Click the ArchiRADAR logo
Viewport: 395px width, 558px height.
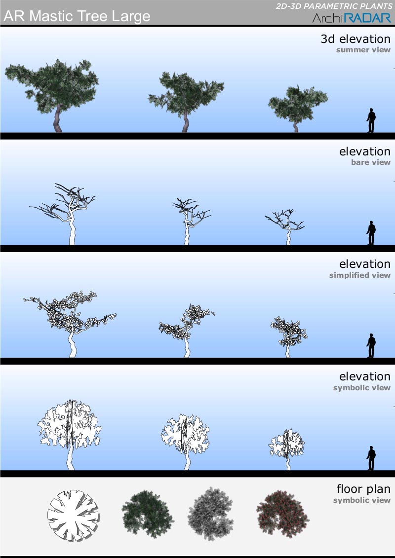click(x=352, y=18)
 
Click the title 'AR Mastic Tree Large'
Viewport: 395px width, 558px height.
click(x=77, y=16)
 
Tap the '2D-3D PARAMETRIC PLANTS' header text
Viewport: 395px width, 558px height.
click(x=334, y=6)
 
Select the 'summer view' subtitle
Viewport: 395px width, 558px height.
click(x=363, y=50)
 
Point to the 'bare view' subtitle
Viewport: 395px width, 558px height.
click(x=371, y=162)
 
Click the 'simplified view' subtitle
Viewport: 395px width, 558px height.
click(x=360, y=275)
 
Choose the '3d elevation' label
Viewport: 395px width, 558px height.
click(x=355, y=39)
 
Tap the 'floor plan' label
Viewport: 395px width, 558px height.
click(x=364, y=489)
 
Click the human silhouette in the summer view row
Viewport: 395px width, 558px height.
click(x=371, y=120)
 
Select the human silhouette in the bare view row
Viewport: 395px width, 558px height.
click(x=371, y=233)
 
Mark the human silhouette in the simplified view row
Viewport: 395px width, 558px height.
click(x=371, y=345)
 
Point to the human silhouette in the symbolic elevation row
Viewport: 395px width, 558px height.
click(x=371, y=458)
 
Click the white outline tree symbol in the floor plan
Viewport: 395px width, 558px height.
click(x=74, y=516)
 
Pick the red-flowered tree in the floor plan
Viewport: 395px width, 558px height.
click(x=282, y=515)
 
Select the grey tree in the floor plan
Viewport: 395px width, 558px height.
click(x=210, y=514)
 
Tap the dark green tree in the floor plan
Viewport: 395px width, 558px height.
click(x=148, y=515)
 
